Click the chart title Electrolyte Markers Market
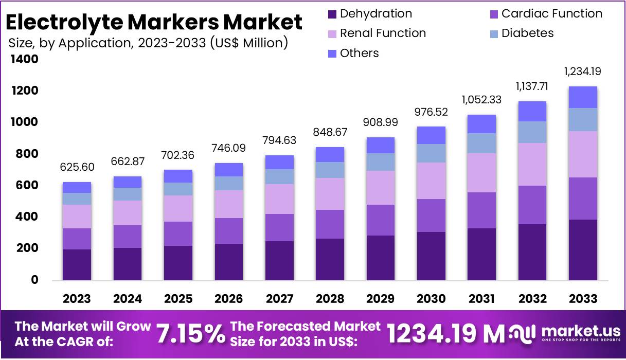tap(154, 22)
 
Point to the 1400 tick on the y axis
tap(24, 60)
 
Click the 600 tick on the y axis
tap(24, 186)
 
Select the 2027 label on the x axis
tap(279, 299)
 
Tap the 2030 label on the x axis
tap(431, 299)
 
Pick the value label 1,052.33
tap(481, 100)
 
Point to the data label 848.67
tap(330, 132)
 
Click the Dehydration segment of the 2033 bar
tap(583, 249)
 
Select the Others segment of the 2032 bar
tap(532, 111)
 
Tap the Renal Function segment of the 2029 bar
tap(381, 188)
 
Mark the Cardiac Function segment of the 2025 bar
tap(178, 233)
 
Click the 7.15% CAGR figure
tap(190, 334)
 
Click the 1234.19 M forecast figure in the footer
tap(445, 334)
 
